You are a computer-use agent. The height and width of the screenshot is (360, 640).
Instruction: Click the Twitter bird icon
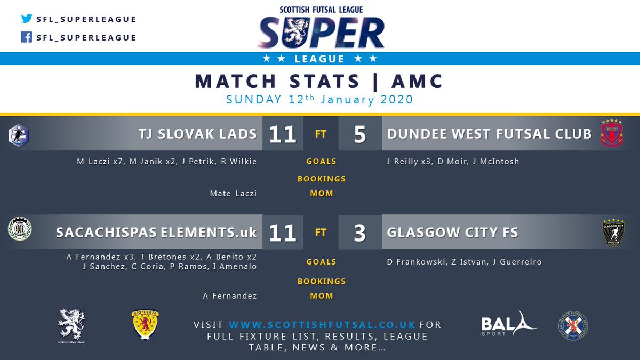point(27,19)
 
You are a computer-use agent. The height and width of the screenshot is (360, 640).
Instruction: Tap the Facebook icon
point(27,37)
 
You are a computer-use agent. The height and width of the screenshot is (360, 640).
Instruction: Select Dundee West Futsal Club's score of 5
point(359,134)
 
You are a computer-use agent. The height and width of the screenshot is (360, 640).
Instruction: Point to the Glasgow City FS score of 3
point(359,233)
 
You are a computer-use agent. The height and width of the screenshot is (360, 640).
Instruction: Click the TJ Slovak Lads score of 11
point(282,134)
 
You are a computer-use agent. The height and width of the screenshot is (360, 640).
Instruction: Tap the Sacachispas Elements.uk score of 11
point(282,233)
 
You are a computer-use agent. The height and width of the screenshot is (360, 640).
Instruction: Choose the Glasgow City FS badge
point(613,232)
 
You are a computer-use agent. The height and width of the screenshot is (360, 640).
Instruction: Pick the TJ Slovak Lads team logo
point(19,134)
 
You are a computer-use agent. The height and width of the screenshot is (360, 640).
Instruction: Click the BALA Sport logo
point(508,324)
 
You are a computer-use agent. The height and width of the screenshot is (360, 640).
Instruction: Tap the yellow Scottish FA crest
point(145,325)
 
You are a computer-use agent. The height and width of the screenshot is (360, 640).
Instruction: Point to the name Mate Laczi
point(233,194)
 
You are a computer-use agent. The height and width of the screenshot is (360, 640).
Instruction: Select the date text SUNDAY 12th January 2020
point(319,100)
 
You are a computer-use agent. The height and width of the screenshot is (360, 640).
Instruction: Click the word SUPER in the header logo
point(321,33)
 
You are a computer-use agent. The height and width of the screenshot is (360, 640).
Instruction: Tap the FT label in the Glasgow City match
point(321,233)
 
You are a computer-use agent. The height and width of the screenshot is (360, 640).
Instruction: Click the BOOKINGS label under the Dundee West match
point(322,179)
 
